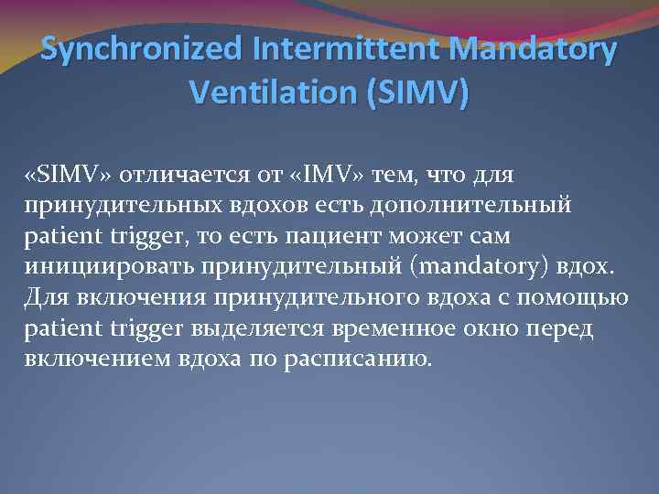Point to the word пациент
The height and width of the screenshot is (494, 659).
351,235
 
